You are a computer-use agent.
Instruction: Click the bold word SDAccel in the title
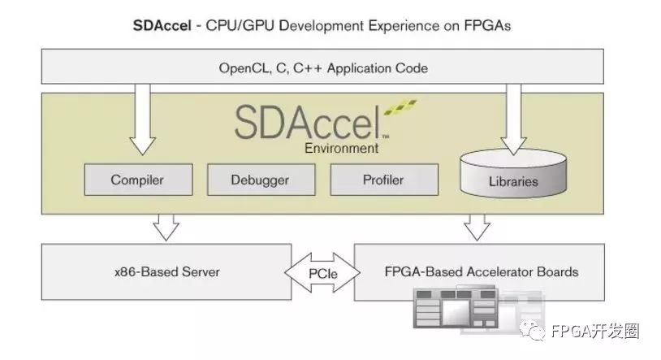[161, 25]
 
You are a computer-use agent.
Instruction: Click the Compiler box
[137, 180]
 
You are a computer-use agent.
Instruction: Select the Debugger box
[260, 180]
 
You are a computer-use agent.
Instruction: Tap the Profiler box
[383, 180]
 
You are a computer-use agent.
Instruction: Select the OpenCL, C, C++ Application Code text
[323, 68]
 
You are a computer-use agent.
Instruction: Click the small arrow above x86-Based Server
[166, 227]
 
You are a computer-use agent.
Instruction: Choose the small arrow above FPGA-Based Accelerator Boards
[479, 227]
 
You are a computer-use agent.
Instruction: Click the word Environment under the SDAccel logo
[341, 149]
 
